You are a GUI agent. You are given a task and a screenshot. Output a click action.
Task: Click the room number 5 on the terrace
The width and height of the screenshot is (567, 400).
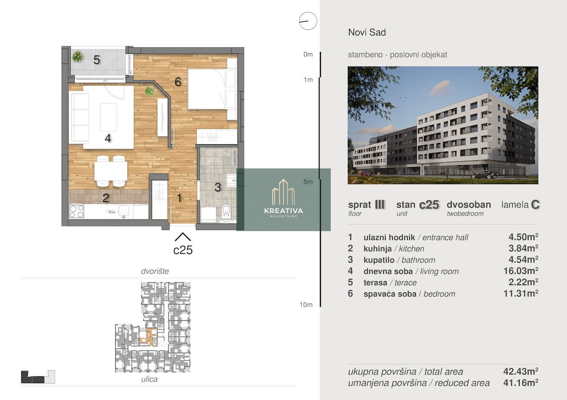(96, 60)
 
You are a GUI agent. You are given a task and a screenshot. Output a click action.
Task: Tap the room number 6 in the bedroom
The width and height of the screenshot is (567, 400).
(178, 82)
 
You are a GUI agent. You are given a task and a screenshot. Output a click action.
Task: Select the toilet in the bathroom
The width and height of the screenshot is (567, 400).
(226, 211)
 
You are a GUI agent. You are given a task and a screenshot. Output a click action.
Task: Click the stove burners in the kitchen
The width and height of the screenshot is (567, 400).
(77, 211)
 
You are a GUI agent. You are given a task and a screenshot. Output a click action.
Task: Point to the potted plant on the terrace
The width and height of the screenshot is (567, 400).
(77, 56)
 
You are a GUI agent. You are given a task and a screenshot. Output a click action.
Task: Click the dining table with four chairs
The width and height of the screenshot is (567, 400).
(111, 171)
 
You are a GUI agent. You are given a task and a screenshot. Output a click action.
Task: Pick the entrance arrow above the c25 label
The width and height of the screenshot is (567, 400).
(183, 237)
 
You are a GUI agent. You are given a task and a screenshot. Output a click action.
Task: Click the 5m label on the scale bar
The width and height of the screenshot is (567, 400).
(308, 182)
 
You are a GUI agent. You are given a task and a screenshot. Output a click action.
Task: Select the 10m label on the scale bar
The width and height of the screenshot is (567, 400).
(306, 305)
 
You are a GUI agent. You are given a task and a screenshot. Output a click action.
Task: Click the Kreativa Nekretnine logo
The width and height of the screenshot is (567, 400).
(283, 200)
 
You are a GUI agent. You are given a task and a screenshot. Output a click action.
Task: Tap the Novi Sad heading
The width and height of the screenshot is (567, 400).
(367, 33)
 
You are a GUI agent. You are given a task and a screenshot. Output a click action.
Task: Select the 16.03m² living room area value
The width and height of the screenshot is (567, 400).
(520, 271)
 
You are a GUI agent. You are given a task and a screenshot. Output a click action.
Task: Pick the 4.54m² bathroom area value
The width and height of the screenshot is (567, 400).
(523, 259)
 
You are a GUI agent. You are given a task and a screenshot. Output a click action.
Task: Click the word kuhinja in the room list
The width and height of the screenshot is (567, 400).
(378, 249)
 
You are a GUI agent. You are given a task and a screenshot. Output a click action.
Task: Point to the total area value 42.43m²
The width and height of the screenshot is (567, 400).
(520, 371)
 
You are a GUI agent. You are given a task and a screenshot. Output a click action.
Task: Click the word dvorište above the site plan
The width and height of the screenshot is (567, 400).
(155, 271)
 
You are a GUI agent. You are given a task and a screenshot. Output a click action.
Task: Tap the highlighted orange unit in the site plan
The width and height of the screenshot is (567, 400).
(148, 337)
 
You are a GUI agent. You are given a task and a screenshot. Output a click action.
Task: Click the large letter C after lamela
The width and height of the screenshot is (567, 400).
(535, 205)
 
